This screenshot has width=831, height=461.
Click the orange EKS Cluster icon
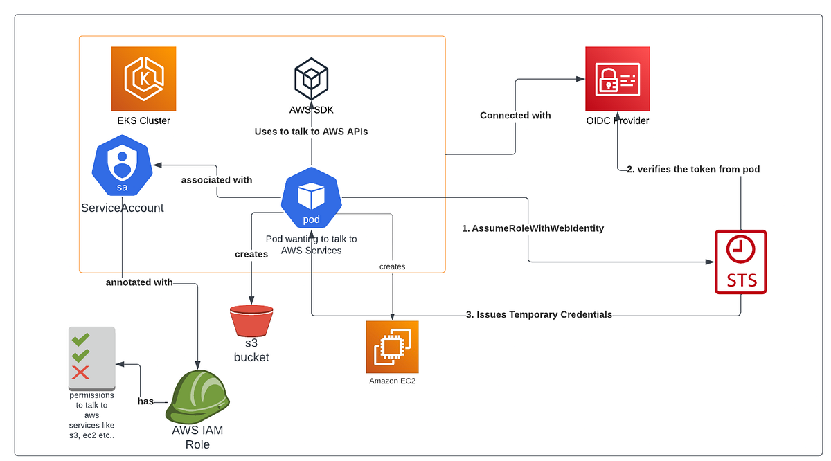coord(144,78)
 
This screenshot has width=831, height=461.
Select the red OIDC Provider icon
coord(617,79)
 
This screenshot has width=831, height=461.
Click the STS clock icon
coord(740,262)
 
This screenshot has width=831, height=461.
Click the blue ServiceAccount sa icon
coord(122,167)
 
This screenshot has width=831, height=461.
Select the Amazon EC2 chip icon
coord(392,347)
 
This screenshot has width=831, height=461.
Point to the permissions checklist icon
coord(91,357)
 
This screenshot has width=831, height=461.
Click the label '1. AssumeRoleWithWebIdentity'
coord(533,228)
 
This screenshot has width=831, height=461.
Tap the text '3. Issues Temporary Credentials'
coord(539,314)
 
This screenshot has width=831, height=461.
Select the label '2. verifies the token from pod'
coord(693,169)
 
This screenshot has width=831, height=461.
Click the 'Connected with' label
coord(515,116)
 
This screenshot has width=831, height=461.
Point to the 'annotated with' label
coord(139,282)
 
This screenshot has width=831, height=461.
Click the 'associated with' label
coord(217,180)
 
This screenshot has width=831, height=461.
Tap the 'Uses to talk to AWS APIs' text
coord(311,132)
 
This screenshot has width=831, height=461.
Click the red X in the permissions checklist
coord(81,372)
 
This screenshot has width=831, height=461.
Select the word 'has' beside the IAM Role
coord(145,401)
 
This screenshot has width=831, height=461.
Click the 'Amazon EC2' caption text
coord(392,381)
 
